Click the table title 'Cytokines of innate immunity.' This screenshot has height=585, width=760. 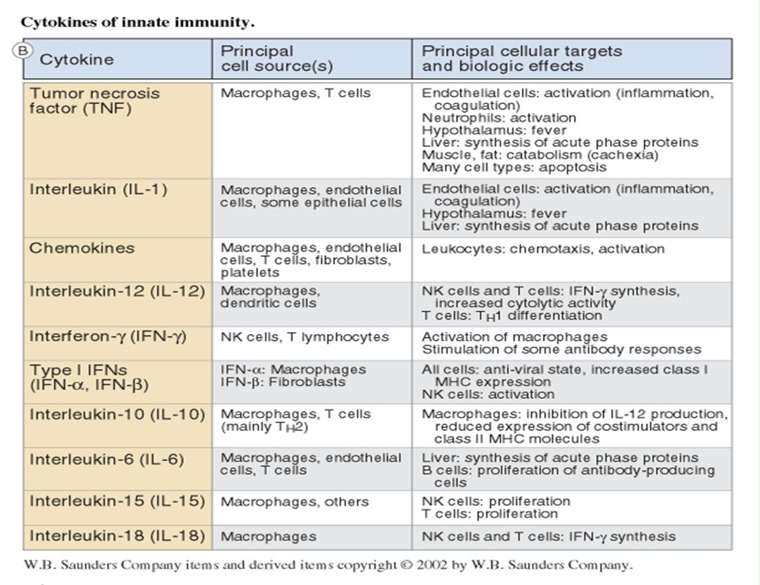pyautogui.click(x=138, y=22)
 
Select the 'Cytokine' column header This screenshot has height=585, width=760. pyautogui.click(x=76, y=59)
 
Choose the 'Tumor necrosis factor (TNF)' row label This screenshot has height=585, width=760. pyautogui.click(x=94, y=101)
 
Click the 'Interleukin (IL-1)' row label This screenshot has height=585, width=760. pyautogui.click(x=98, y=189)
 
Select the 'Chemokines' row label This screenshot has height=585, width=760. pyautogui.click(x=81, y=248)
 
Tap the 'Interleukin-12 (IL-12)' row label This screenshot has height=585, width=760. pyautogui.click(x=117, y=291)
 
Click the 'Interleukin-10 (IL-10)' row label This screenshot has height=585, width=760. pyautogui.click(x=117, y=414)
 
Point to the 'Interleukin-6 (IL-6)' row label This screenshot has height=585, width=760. pyautogui.click(x=106, y=458)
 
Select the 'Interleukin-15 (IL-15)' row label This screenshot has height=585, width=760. pyautogui.click(x=117, y=501)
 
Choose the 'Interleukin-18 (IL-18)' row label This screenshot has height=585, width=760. pyautogui.click(x=117, y=535)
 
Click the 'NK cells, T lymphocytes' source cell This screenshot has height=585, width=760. pyautogui.click(x=304, y=337)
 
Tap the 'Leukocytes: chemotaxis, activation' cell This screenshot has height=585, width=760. pyautogui.click(x=543, y=249)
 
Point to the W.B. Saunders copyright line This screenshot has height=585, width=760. pyautogui.click(x=328, y=565)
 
